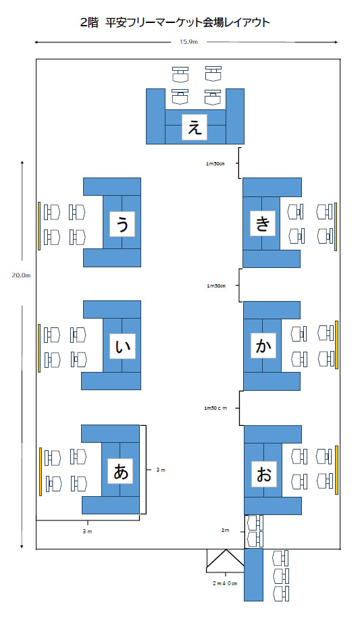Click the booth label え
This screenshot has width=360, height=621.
[x=195, y=127]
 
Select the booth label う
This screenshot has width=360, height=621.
[x=122, y=224]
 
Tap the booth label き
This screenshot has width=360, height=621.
[x=263, y=223]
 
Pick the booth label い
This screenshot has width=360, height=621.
[x=122, y=346]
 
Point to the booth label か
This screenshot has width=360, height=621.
[x=263, y=346]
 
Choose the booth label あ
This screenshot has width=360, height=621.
[x=120, y=471]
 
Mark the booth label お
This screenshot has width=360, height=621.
[x=263, y=475]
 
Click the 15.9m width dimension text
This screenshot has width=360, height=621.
[x=188, y=42]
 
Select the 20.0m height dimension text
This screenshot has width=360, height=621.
[x=21, y=275]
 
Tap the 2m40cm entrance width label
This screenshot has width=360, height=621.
[x=225, y=583]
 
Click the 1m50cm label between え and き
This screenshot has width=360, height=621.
[x=215, y=163]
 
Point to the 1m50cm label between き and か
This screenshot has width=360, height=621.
[x=216, y=286]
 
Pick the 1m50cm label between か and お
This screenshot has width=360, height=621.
[x=215, y=408]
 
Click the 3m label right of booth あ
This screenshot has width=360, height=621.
[x=161, y=470]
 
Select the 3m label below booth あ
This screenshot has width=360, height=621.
[x=87, y=531]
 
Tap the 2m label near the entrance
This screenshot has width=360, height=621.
[x=225, y=530]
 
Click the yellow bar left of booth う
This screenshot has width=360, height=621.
[x=39, y=225]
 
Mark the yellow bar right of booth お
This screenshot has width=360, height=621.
[x=336, y=470]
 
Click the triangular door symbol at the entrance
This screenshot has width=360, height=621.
[x=225, y=560]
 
